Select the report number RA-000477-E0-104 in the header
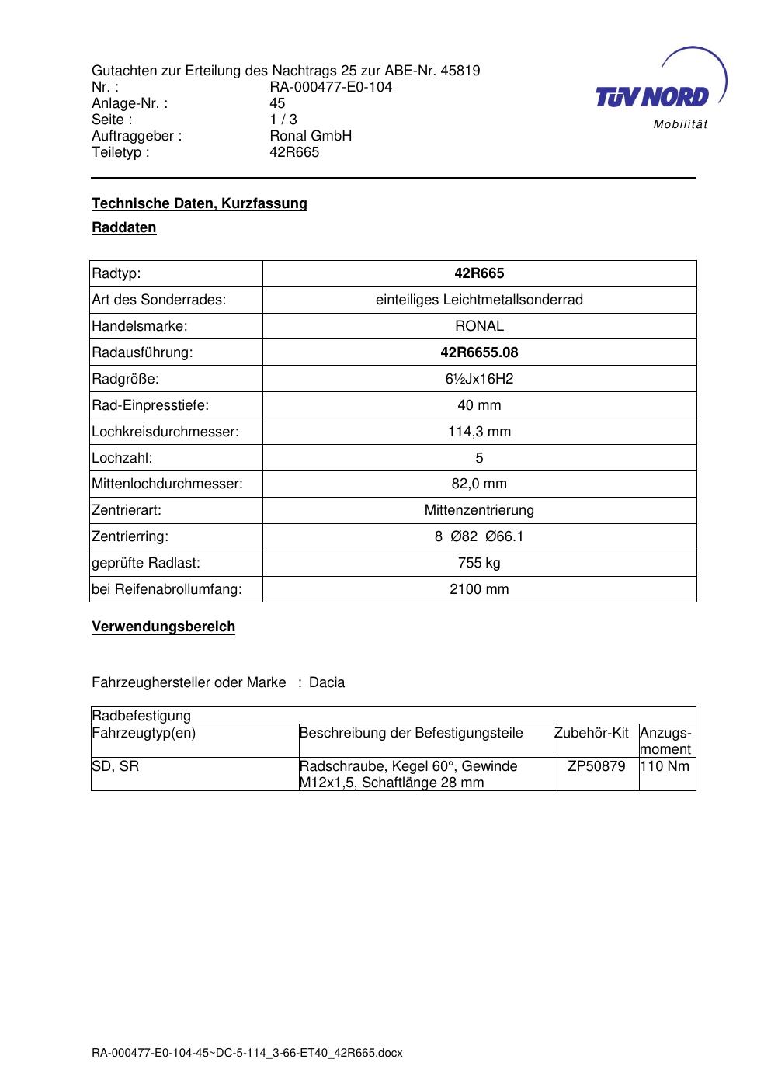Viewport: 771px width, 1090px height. pyautogui.click(x=331, y=87)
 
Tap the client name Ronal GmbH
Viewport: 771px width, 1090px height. pyautogui.click(x=311, y=136)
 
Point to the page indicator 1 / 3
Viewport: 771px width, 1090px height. pyautogui.click(x=283, y=120)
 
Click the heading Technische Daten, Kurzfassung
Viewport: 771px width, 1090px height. pyautogui.click(x=200, y=203)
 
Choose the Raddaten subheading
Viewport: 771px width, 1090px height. pyautogui.click(x=124, y=227)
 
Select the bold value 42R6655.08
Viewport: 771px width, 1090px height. pyautogui.click(x=479, y=352)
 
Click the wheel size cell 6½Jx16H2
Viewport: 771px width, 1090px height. pyautogui.click(x=479, y=379)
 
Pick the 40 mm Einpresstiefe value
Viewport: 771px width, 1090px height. pyautogui.click(x=479, y=405)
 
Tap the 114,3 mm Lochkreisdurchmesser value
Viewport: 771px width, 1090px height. pyautogui.click(x=479, y=432)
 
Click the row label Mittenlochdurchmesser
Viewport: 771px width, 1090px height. pyautogui.click(x=167, y=484)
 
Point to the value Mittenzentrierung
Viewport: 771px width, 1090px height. pyautogui.click(x=479, y=510)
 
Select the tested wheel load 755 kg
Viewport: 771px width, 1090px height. pyautogui.click(x=479, y=563)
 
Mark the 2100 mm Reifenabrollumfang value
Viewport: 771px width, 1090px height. pyautogui.click(x=479, y=589)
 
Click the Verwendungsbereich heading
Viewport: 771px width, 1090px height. pyautogui.click(x=163, y=627)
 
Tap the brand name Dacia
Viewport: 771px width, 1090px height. pyautogui.click(x=327, y=682)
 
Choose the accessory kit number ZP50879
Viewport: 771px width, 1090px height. pyautogui.click(x=596, y=766)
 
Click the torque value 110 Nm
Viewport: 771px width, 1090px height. pyautogui.click(x=665, y=766)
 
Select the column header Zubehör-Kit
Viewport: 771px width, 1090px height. pyautogui.click(x=592, y=733)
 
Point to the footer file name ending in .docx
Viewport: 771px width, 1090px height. pyautogui.click(x=247, y=1054)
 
